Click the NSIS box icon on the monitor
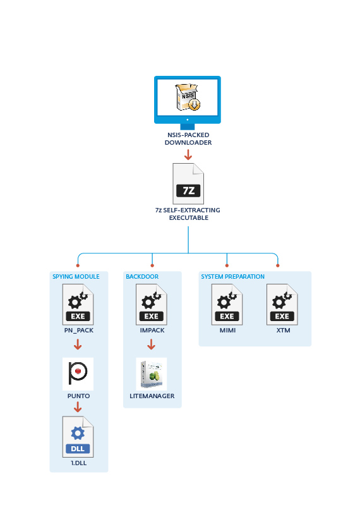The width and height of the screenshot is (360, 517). coord(188,97)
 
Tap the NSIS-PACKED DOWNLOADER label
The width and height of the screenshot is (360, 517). coord(188,139)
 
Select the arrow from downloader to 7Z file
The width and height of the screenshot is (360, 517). coord(188,155)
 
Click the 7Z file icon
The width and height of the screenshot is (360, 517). coord(188,184)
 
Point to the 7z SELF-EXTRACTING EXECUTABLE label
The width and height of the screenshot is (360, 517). coord(188,214)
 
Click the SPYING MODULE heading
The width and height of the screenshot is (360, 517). coord(76,277)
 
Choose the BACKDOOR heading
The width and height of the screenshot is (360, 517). coord(142,277)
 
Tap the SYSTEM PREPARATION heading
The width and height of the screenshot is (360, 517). coord(232,277)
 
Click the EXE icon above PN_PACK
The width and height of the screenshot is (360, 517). coord(78,305)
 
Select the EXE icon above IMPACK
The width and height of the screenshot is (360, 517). coord(152,305)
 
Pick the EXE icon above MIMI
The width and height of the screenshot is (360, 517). coord(227,305)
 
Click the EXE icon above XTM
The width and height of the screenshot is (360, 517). coord(282,305)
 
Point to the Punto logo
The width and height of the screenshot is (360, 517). coord(78,374)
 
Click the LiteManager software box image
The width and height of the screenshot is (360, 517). coord(152,374)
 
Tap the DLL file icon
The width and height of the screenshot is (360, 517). coord(78,437)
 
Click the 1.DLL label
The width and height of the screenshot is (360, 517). coord(79,463)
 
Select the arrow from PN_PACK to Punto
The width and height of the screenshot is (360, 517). coord(78,344)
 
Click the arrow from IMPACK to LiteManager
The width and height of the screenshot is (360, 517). coord(151,344)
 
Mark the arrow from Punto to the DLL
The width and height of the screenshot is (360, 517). coord(78,408)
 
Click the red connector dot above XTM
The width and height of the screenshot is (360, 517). coord(278,265)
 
